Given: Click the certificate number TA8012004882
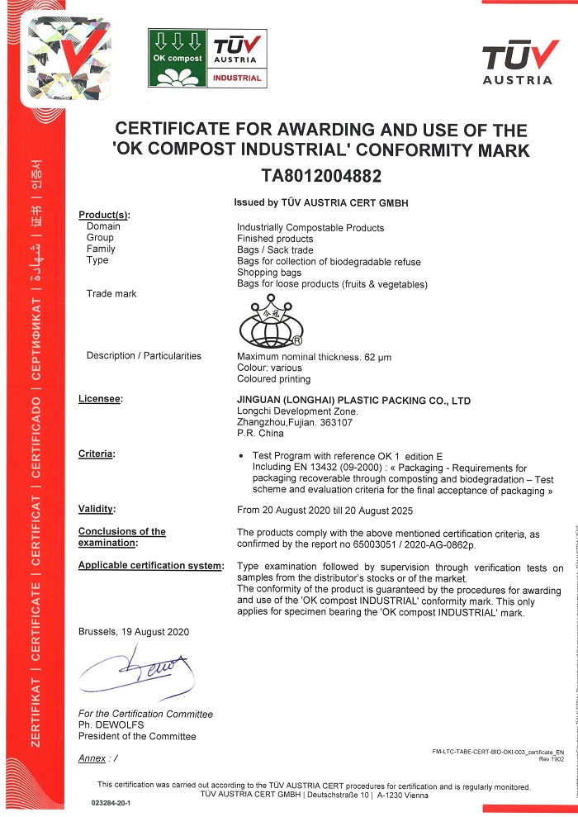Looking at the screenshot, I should (x=321, y=175).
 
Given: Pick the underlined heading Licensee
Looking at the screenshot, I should (x=100, y=400).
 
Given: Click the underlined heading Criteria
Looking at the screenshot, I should (x=96, y=454).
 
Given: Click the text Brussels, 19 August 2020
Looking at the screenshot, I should (x=134, y=632).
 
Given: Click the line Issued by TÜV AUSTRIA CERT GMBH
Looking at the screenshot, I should (x=321, y=202).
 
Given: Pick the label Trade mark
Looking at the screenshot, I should (x=111, y=294).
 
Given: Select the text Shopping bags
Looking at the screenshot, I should (x=269, y=273).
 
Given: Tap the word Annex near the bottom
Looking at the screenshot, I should (x=92, y=758).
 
